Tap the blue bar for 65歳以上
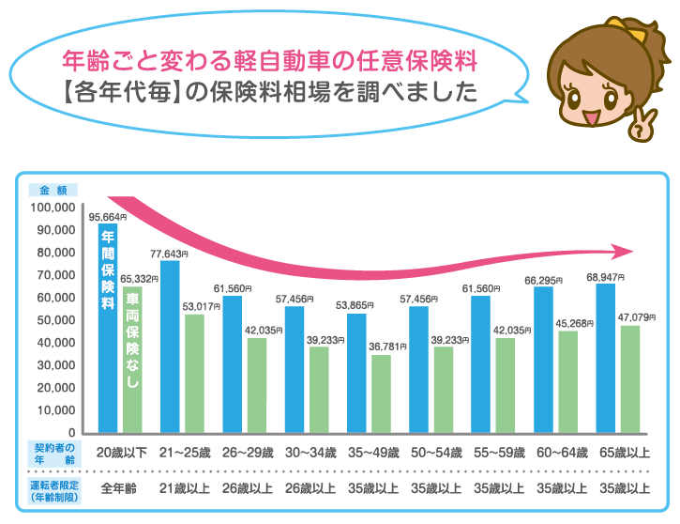coord(605,357)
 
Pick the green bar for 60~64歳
coord(566,381)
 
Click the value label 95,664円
coord(108,218)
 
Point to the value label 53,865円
coord(355,305)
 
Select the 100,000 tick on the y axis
coord(53,208)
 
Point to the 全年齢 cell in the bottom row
coord(119,488)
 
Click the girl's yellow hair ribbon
coord(631,28)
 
